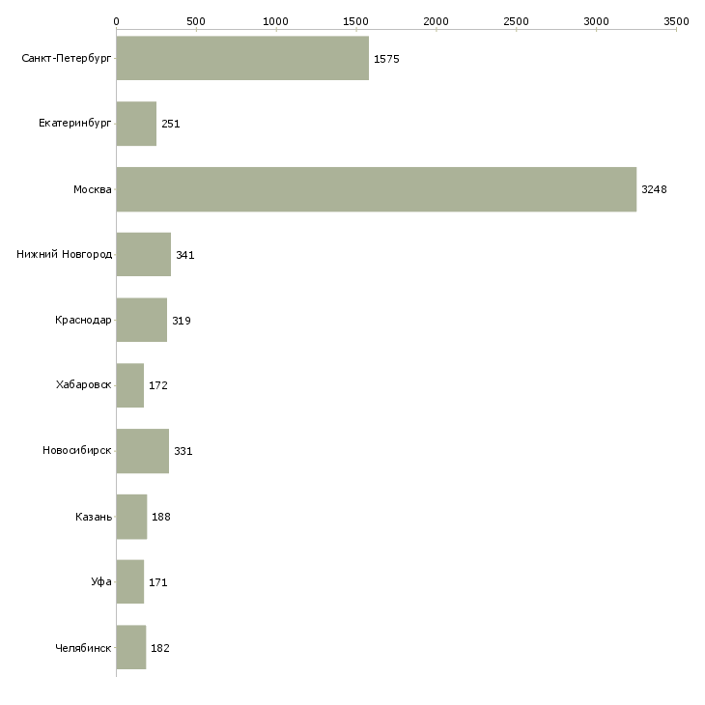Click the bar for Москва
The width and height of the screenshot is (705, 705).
click(376, 189)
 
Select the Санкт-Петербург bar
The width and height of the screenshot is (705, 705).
click(242, 58)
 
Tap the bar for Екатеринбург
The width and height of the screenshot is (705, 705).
click(136, 124)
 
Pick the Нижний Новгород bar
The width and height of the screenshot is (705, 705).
click(143, 255)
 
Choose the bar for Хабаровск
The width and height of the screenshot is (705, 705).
click(129, 385)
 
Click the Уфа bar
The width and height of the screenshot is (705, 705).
click(129, 582)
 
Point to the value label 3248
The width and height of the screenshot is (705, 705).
click(654, 189)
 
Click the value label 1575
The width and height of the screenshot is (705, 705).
click(386, 59)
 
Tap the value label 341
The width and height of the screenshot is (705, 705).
click(184, 255)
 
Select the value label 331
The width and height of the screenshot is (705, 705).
click(183, 451)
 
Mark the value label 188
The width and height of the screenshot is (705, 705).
click(161, 517)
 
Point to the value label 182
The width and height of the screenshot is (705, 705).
click(160, 648)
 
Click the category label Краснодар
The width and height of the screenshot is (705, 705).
click(83, 321)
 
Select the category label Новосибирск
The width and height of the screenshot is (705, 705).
click(77, 451)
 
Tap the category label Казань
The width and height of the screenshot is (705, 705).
click(94, 517)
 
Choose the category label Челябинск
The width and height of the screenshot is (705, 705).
click(83, 648)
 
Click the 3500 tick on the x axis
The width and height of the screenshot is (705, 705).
click(676, 20)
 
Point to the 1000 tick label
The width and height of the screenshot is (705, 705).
click(276, 20)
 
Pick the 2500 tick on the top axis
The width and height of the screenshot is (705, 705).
click(516, 20)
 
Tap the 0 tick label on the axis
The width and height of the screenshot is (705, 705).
click(116, 20)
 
